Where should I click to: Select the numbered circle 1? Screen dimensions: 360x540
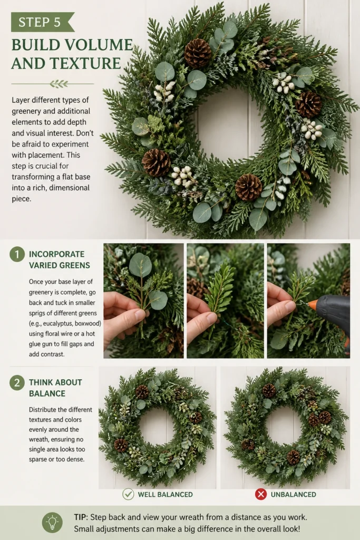click(x=17, y=255)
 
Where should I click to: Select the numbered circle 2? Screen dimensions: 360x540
click(x=17, y=383)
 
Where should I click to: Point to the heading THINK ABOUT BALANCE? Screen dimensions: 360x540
click(x=55, y=388)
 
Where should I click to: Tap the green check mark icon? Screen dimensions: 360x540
click(x=128, y=494)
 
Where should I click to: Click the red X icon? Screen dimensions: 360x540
click(x=261, y=494)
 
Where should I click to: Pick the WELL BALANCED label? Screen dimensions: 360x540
click(x=165, y=495)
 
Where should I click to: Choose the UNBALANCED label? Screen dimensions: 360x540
click(x=293, y=495)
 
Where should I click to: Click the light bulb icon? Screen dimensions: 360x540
click(x=52, y=523)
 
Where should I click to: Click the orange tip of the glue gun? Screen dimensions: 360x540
click(x=312, y=305)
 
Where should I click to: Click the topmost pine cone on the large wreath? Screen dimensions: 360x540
click(x=198, y=53)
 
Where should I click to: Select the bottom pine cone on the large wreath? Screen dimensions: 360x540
click(x=248, y=187)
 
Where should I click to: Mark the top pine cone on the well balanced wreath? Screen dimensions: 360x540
click(x=142, y=392)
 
